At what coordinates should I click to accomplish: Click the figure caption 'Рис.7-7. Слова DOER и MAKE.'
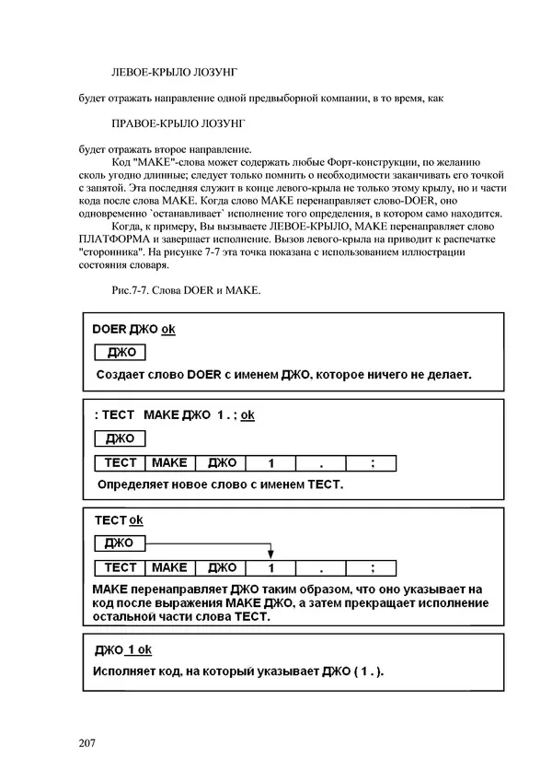click(185, 291)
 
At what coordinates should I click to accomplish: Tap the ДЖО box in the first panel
click(121, 353)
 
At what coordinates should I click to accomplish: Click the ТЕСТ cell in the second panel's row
click(121, 463)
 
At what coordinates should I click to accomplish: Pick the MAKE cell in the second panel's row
click(169, 463)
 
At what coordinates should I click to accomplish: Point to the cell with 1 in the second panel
click(271, 463)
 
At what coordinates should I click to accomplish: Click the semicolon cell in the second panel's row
click(372, 463)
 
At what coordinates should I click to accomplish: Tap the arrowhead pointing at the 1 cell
click(271, 555)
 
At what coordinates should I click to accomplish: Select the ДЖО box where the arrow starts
click(121, 543)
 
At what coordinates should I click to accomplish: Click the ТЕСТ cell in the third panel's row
click(121, 568)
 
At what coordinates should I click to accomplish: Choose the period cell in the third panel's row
click(321, 568)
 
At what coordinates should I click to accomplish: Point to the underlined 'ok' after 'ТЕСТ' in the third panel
click(136, 520)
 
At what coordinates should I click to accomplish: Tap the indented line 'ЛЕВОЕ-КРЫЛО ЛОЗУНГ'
click(178, 71)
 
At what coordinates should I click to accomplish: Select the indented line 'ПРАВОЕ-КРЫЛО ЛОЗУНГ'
click(180, 123)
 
